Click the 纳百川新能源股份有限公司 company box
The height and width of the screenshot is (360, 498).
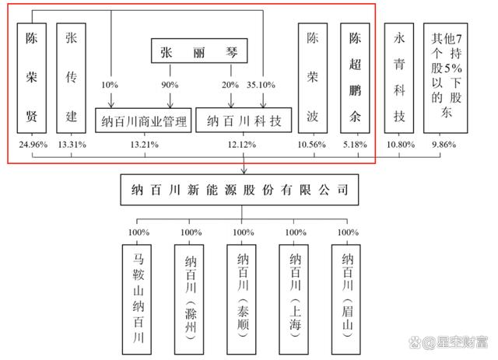[x=244, y=189]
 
